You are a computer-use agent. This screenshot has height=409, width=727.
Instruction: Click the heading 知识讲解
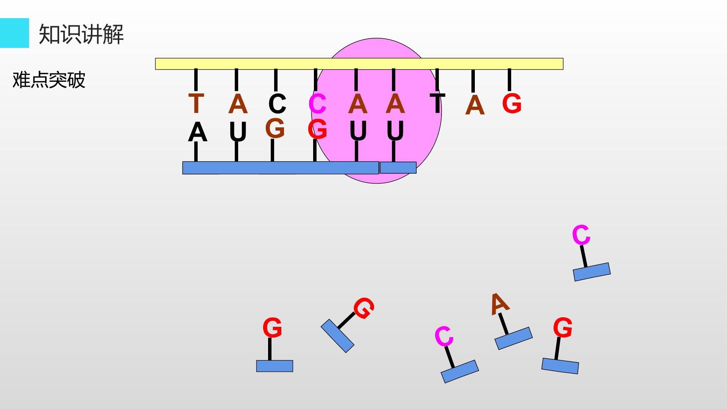point(81,34)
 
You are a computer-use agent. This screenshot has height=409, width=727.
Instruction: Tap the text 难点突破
point(49,80)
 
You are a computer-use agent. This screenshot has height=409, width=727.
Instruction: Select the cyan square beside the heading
point(14,33)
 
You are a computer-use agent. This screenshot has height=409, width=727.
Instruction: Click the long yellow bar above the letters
point(359,64)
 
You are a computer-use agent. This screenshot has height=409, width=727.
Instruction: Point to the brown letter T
point(196,103)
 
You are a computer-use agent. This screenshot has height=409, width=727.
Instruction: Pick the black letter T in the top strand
point(437,103)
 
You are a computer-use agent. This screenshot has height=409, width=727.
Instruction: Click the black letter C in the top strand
point(277,103)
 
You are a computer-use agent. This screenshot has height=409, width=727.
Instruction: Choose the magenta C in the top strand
point(318,103)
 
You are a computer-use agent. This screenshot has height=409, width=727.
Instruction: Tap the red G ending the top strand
point(512,103)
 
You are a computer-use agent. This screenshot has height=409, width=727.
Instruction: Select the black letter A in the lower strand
point(198,132)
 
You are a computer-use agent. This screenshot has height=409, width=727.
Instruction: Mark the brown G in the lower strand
point(275,128)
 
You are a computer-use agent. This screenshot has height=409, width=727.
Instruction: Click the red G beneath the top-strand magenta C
point(317,129)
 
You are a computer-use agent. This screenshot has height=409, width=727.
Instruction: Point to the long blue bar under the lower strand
point(281,168)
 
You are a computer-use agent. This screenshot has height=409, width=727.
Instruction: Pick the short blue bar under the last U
point(398,168)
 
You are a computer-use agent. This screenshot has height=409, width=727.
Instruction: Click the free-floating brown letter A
point(500,304)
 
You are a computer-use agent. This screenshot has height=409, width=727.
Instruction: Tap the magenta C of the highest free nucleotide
point(581,235)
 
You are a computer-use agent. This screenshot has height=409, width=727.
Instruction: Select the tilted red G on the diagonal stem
point(364,308)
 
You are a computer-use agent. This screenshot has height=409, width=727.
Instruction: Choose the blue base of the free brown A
point(513,338)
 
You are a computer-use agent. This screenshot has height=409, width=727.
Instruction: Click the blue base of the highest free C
point(592,272)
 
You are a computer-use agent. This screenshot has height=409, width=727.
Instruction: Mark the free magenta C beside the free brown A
point(444,336)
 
